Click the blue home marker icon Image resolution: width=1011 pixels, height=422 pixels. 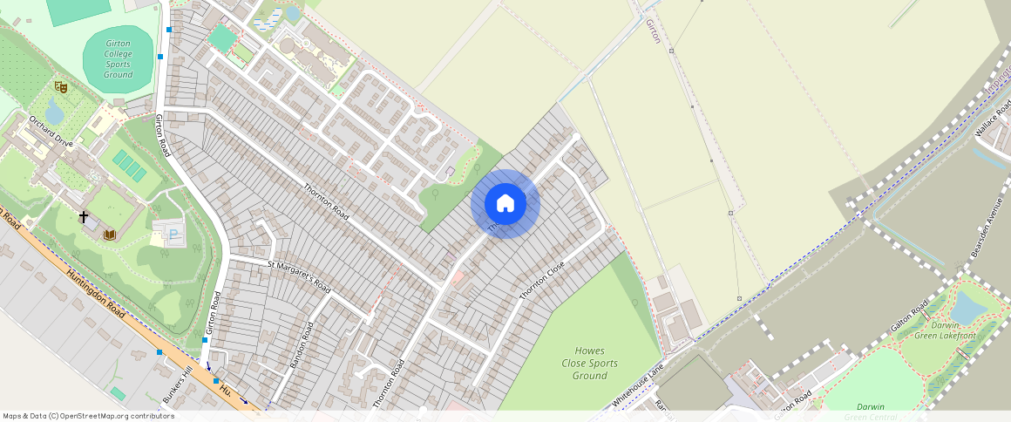(x=505, y=204)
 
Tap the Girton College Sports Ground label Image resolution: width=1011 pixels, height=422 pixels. (x=119, y=58)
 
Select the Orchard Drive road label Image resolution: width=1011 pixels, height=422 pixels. (x=51, y=132)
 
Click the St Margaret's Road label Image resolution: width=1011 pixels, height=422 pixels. (x=299, y=275)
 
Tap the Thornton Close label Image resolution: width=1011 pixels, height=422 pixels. (x=542, y=281)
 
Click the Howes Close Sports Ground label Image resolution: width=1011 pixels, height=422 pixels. (x=590, y=363)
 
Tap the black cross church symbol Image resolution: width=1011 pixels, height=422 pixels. (x=84, y=216)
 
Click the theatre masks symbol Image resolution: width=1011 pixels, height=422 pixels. (x=60, y=86)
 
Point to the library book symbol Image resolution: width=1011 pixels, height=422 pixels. (x=110, y=234)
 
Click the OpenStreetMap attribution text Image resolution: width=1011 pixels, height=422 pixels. (x=88, y=416)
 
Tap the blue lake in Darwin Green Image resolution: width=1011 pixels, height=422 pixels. (x=967, y=307)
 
